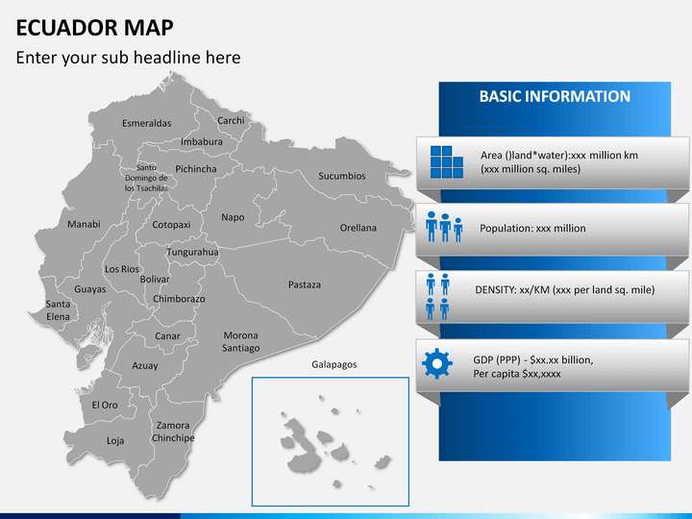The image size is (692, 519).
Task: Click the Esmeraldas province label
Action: [x=146, y=123]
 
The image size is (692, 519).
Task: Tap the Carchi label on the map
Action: [x=231, y=120]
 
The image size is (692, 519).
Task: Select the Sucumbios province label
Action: [x=342, y=176]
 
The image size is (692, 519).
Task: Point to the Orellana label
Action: [x=358, y=228]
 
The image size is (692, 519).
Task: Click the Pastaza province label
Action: [x=305, y=284]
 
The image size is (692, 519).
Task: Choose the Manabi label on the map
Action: [x=84, y=224]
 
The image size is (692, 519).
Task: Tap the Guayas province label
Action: [x=89, y=288]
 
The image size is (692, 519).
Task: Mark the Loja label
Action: [x=115, y=441]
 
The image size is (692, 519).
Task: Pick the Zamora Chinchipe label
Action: [x=173, y=432]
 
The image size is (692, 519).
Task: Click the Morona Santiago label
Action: [x=241, y=341]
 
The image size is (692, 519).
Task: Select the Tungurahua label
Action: [x=193, y=252]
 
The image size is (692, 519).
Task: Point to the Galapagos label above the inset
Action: [x=334, y=364]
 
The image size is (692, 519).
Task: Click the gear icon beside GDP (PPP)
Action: [x=437, y=363]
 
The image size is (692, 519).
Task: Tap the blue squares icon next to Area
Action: [x=447, y=161]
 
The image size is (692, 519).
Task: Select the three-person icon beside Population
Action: [x=445, y=227]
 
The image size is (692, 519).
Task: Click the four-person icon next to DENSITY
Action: [x=438, y=295]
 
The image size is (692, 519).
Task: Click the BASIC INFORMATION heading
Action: [x=555, y=96]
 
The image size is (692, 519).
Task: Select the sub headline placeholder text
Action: [x=128, y=58]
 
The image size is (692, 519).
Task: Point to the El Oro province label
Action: [x=105, y=405]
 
